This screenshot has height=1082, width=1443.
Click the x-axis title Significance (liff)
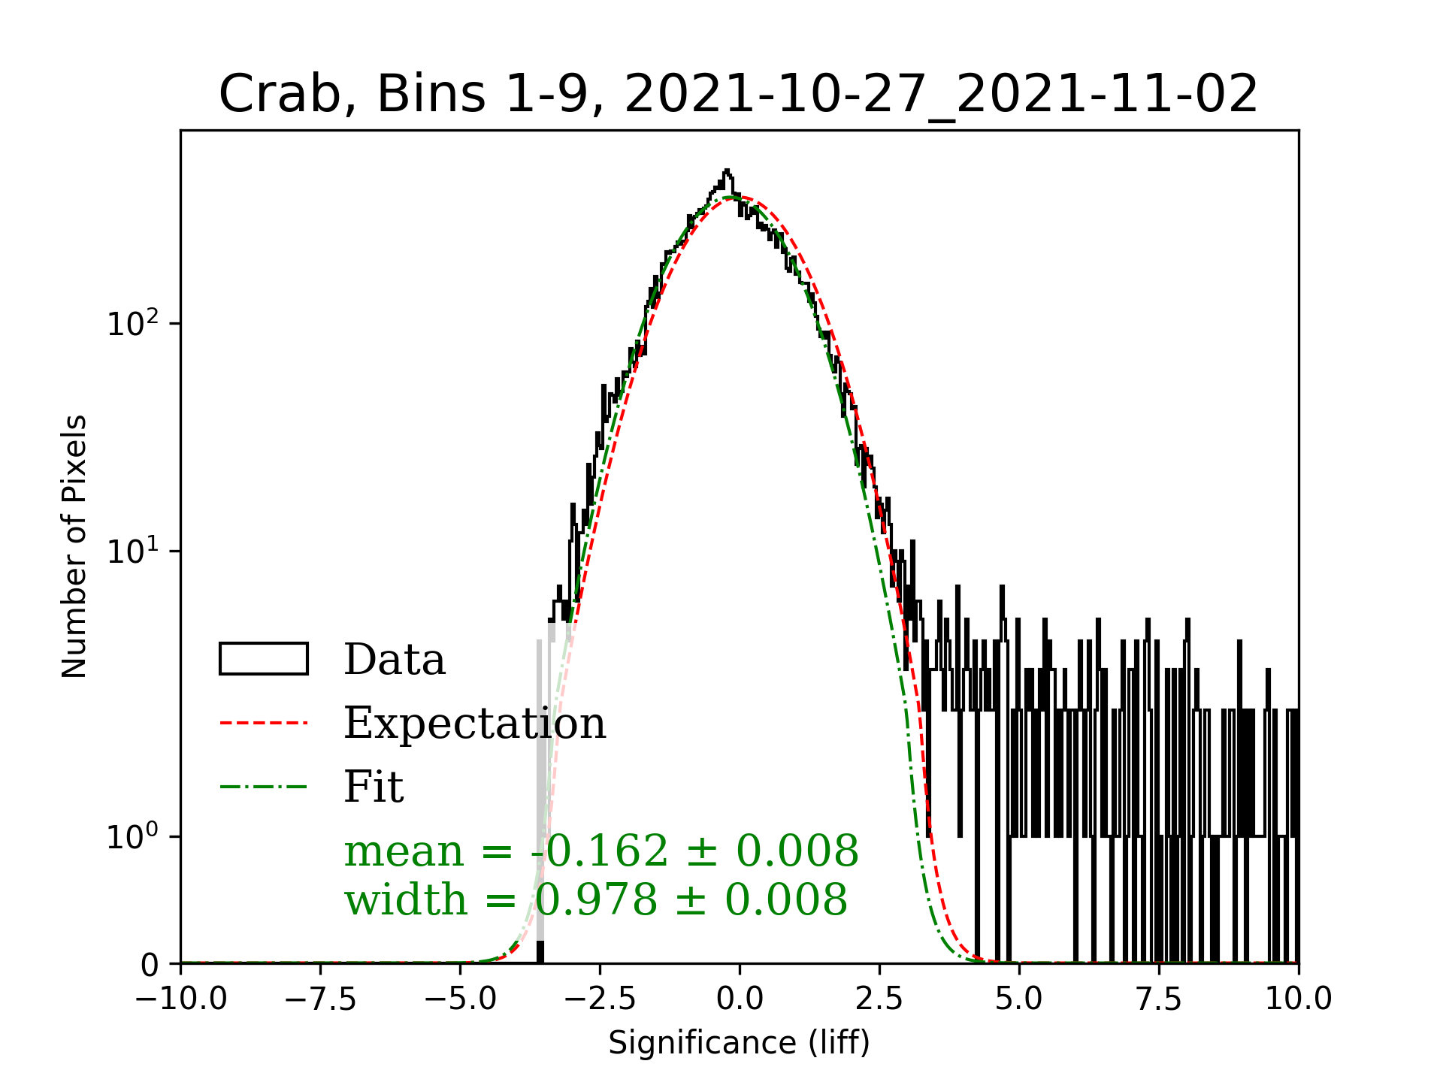click(x=739, y=1043)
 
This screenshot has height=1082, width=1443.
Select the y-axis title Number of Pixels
click(x=74, y=546)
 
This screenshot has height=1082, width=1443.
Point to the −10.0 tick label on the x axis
click(x=181, y=999)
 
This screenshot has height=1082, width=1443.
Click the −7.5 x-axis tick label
click(x=321, y=999)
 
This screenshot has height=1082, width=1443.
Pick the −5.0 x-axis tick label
click(x=460, y=999)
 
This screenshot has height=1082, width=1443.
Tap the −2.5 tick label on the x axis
click(x=600, y=999)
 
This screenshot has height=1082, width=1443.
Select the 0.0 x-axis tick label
click(x=740, y=999)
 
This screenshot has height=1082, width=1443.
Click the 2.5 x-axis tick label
click(x=879, y=999)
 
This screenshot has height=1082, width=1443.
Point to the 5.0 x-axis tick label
click(x=1019, y=999)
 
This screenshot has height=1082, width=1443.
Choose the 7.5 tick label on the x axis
click(x=1159, y=999)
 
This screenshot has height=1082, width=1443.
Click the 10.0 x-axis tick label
click(x=1298, y=999)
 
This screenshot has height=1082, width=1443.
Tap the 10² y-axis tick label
click(x=134, y=324)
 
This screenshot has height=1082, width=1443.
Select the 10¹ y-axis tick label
click(x=134, y=551)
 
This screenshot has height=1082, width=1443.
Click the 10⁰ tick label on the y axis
click(x=134, y=836)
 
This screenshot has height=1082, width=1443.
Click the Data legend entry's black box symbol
click(x=263, y=659)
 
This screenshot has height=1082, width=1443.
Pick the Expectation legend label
click(x=474, y=724)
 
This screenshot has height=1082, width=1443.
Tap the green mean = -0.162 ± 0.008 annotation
click(x=600, y=851)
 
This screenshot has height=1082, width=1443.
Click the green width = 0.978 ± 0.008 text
click(x=595, y=899)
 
